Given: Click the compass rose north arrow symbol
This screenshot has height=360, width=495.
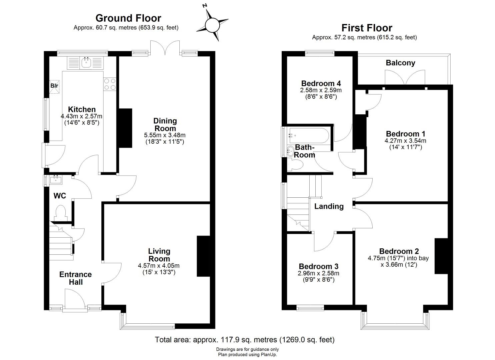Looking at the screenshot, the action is [x=212, y=25].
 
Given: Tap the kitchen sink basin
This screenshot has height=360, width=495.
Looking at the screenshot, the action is [x=86, y=62].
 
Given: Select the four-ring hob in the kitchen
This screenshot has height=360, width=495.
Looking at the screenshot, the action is [x=110, y=84].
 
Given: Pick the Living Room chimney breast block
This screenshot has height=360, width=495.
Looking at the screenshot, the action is [x=203, y=256].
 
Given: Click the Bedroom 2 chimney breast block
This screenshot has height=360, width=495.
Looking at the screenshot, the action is [x=441, y=256].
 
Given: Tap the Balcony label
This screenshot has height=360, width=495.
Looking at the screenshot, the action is [x=400, y=63].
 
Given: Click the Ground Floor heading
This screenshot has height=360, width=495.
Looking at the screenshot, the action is [x=128, y=18].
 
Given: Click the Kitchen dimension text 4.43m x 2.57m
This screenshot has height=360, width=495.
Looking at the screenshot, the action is [x=82, y=116].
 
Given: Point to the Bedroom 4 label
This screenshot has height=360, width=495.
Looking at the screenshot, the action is [x=321, y=83].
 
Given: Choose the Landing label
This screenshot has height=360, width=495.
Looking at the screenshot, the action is [x=329, y=206].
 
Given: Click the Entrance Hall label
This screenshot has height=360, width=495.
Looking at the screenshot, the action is [x=76, y=278].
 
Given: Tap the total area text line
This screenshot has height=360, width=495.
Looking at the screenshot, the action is [x=245, y=339].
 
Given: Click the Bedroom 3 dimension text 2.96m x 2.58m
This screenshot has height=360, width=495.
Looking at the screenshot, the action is [x=318, y=273].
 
